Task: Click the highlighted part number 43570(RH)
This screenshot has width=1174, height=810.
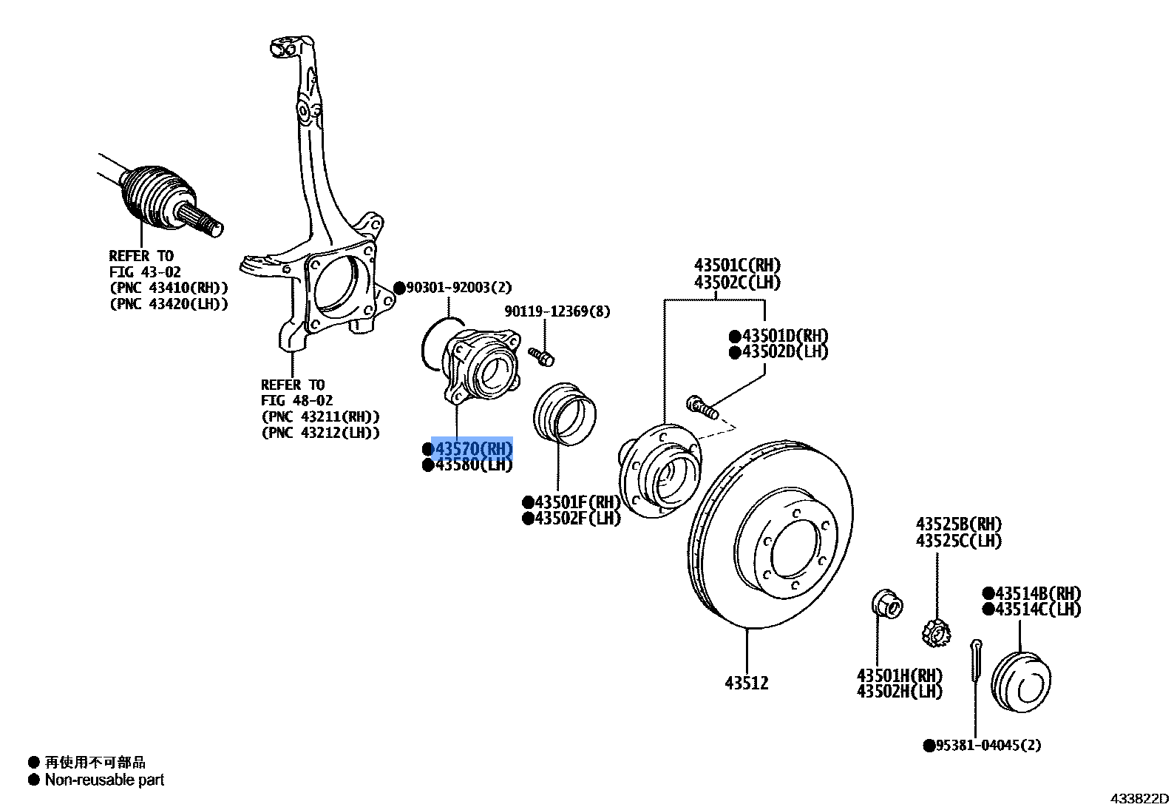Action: [472, 449]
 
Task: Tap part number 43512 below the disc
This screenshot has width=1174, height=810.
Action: [746, 683]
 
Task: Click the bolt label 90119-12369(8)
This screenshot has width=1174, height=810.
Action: [557, 311]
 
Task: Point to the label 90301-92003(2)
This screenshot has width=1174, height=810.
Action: [458, 288]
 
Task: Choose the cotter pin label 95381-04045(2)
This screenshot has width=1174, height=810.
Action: [988, 745]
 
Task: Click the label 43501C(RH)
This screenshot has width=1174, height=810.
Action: [736, 266]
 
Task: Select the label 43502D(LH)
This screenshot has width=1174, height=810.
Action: [784, 352]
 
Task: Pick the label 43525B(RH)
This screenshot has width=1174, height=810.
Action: [959, 524]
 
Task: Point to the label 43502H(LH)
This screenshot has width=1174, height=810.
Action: [899, 692]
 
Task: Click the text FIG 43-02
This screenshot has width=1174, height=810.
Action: [145, 272]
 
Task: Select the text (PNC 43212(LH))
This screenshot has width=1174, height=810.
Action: [320, 433]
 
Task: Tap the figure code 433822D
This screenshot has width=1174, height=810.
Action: [1139, 798]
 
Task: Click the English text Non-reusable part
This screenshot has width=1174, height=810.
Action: [104, 780]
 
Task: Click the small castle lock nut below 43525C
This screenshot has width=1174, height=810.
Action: [935, 633]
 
